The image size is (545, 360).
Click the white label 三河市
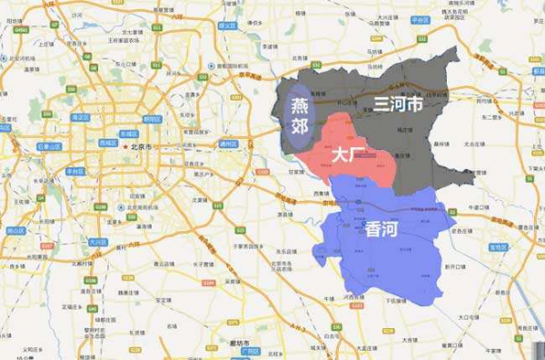398,105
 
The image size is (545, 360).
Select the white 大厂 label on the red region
348,155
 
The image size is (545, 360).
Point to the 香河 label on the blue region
381,229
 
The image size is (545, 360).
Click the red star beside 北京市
125,145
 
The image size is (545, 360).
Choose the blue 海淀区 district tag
82,117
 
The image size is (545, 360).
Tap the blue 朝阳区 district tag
152,119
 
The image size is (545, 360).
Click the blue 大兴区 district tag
97,242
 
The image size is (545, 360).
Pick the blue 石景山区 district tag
49,145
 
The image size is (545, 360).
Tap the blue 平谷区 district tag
420,18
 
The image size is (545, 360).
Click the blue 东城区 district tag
128,134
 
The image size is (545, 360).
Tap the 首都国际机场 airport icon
212,66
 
